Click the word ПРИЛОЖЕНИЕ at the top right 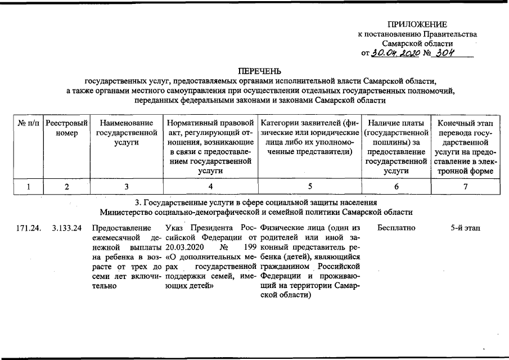(x=417, y=24)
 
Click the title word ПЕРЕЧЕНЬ (x=259, y=71)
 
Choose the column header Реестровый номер (x=66, y=128)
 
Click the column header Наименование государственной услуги (x=126, y=133)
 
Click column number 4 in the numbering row (x=210, y=187)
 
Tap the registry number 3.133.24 (x=67, y=228)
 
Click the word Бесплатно (x=397, y=228)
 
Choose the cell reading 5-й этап (x=465, y=228)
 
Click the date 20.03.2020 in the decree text (x=184, y=247)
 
